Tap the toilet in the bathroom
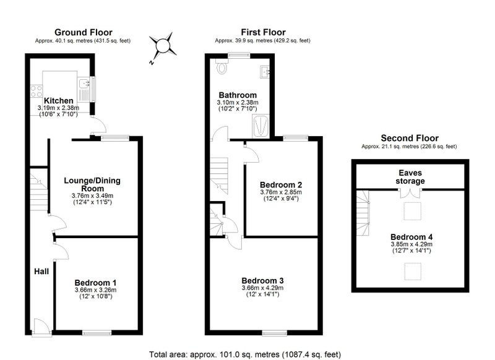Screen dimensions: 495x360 [x=222, y=66]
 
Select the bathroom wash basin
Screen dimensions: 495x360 [x=265, y=72]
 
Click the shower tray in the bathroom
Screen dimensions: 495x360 [x=260, y=126]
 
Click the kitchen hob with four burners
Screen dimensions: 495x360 [x=37, y=91]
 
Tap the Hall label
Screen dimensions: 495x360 [x=41, y=272]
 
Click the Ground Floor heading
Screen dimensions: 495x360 [x=84, y=32]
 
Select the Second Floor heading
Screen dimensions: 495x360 [x=410, y=138]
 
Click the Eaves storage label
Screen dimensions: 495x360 [x=410, y=177]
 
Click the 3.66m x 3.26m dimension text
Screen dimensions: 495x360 [x=95, y=290]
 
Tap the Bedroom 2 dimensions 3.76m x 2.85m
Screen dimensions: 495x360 [x=281, y=192]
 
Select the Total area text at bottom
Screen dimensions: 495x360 [x=245, y=354]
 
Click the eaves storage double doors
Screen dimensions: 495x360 [x=410, y=193]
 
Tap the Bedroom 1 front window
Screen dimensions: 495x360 [x=97, y=332]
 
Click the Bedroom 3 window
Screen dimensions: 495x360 [x=274, y=332]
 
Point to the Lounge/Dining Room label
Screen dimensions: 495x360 [x=92, y=184]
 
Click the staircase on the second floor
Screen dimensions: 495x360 [x=363, y=213]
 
